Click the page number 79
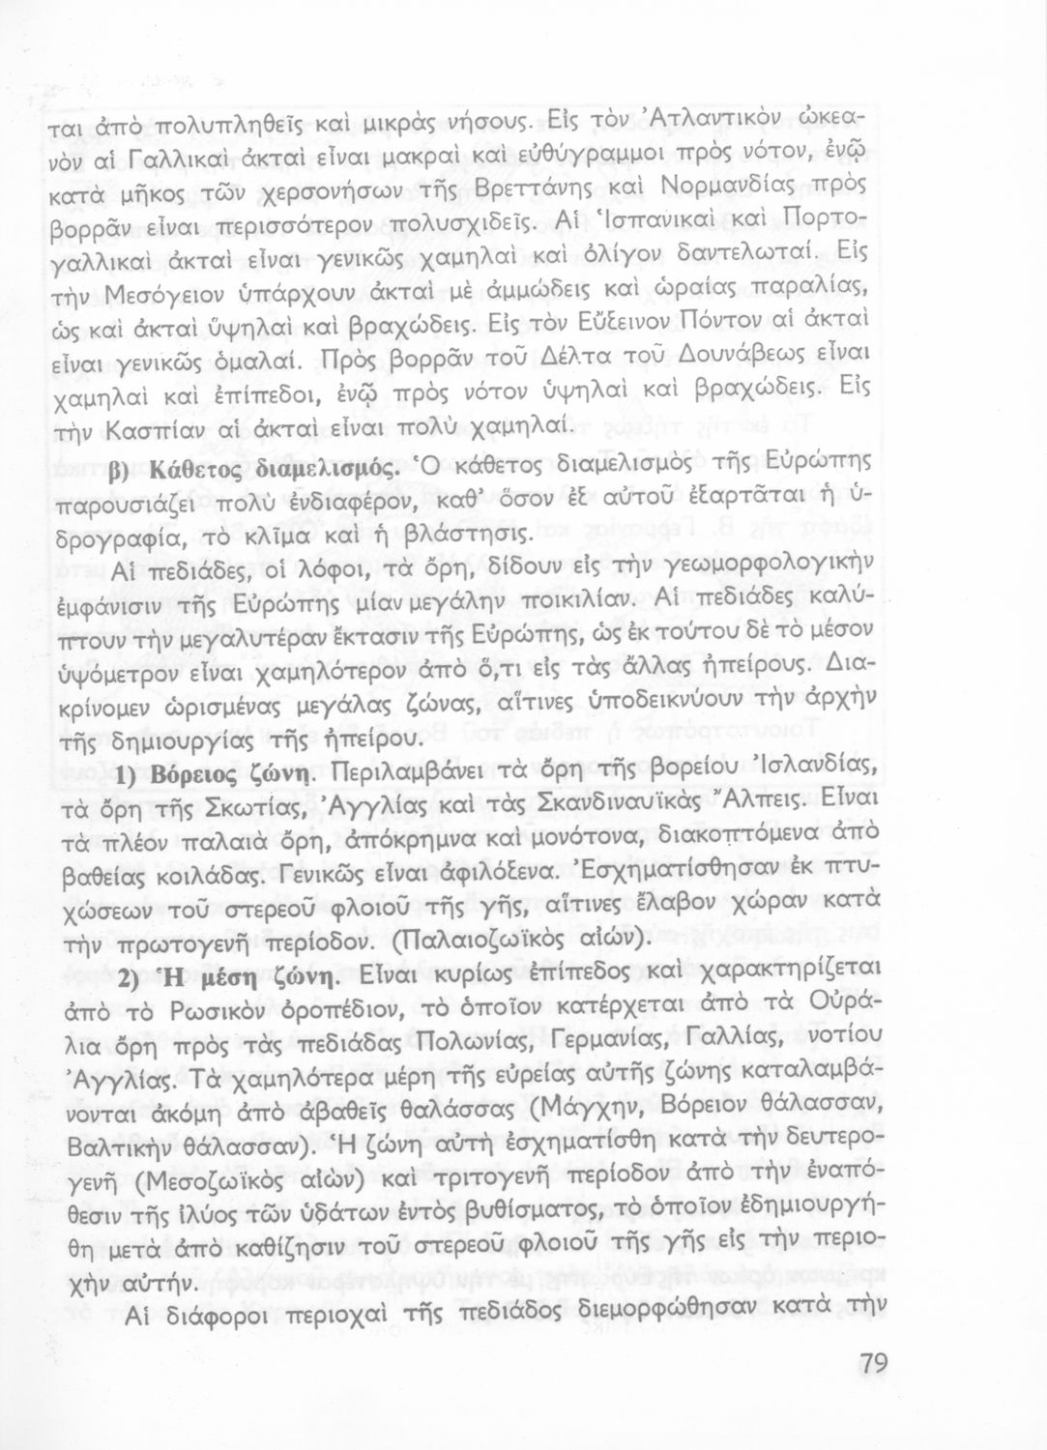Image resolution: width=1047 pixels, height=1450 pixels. coord(872,1364)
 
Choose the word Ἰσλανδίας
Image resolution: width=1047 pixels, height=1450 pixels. coord(802,770)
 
